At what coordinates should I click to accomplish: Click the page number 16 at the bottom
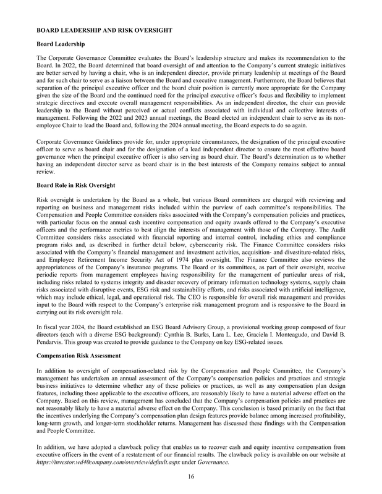[x=190, y=476]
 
